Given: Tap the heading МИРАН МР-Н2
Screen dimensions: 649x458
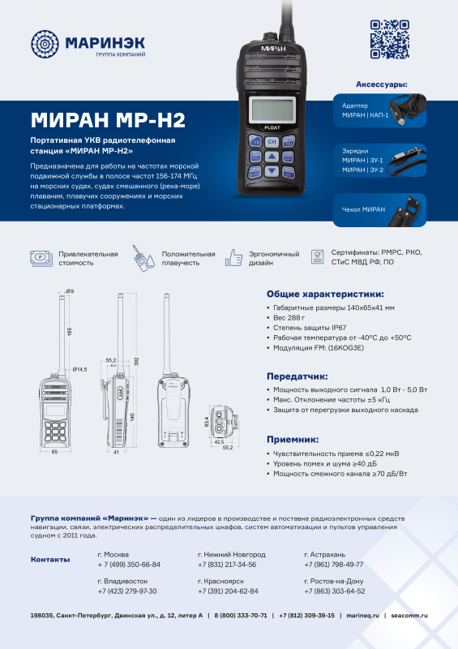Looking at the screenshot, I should coord(108,121).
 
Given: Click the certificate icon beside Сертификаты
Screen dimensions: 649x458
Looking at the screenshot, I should coord(319,258).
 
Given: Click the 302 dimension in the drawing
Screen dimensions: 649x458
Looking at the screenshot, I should coord(135,361).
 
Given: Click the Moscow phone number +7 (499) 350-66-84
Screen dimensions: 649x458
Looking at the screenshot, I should coord(128,564).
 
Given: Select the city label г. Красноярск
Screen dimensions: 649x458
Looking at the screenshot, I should coord(220,582).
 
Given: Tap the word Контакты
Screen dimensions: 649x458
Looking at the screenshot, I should coord(49,560).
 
